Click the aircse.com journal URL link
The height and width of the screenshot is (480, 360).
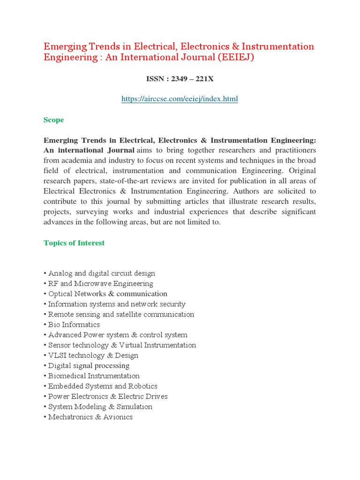click(180, 99)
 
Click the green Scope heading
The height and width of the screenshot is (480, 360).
click(53, 120)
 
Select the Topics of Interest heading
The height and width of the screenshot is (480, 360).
click(74, 243)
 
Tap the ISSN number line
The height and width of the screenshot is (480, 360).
click(180, 79)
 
